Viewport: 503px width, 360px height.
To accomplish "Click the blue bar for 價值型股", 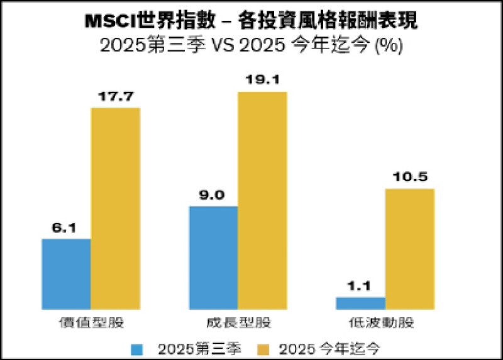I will pos(66,274).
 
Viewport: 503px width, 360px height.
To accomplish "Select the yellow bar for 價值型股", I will pos(116,208).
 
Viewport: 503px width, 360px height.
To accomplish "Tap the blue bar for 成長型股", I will pos(213,257).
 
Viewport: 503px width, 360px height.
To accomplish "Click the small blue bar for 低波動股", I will pos(360,303).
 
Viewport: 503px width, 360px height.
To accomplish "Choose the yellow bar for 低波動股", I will pos(410,249).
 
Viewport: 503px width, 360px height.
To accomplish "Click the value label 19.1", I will pos(262,80).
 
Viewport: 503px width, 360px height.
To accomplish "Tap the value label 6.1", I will pos(65,228).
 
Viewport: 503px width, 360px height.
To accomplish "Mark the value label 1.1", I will pos(360,286).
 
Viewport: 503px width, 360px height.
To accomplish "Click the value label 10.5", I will pos(410,177).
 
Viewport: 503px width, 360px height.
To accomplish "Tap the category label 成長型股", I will pos(238,323).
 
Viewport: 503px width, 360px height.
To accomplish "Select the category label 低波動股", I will pos(385,323).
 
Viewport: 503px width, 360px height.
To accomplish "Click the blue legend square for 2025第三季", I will pos(138,347).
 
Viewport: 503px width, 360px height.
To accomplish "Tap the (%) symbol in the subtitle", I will pos(389,46).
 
